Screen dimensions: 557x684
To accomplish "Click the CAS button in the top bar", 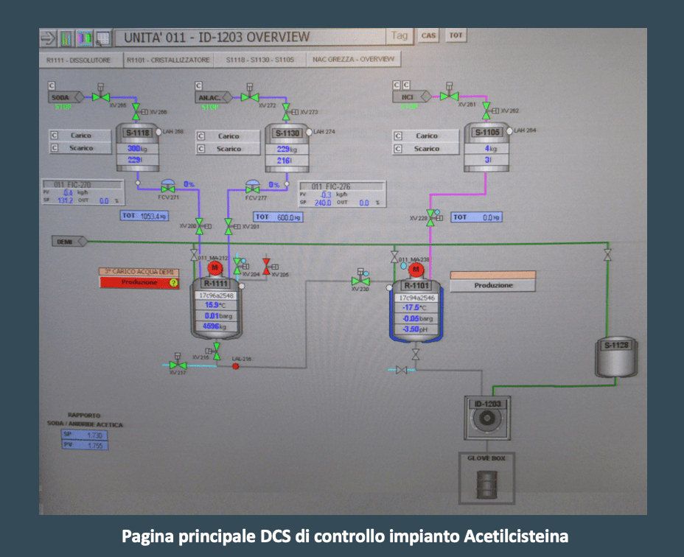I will pyautogui.click(x=428, y=35).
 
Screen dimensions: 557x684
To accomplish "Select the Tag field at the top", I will pyautogui.click(x=399, y=35).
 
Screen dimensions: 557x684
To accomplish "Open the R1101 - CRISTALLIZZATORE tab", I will pyautogui.click(x=168, y=60).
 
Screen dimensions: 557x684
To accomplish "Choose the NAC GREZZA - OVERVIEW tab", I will pyautogui.click(x=353, y=60).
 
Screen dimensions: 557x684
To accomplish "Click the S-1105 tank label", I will pyautogui.click(x=486, y=133).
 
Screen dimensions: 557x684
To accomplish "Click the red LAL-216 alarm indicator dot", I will pyautogui.click(x=236, y=366).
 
